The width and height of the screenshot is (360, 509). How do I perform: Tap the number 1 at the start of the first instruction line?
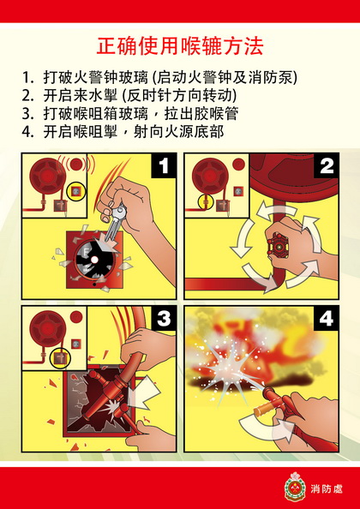point(27,77)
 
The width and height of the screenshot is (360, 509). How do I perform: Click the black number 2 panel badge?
point(326,167)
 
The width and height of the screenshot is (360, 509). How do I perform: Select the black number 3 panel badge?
point(164,320)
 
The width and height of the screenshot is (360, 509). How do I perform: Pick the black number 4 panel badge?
point(326,320)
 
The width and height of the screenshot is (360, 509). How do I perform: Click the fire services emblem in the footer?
point(294,487)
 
